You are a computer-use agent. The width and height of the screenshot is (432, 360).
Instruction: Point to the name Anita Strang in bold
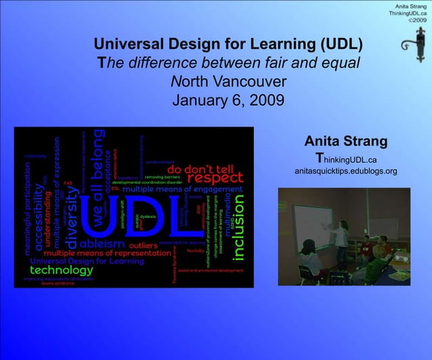click(x=345, y=142)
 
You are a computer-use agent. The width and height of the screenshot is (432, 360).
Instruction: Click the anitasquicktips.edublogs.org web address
click(x=345, y=171)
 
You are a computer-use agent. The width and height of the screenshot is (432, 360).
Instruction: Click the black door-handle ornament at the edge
click(x=410, y=51)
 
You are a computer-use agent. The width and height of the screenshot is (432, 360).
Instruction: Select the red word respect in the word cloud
click(x=215, y=177)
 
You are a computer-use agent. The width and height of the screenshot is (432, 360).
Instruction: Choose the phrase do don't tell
click(x=200, y=168)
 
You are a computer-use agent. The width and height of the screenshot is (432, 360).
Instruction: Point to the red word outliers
click(x=143, y=244)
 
